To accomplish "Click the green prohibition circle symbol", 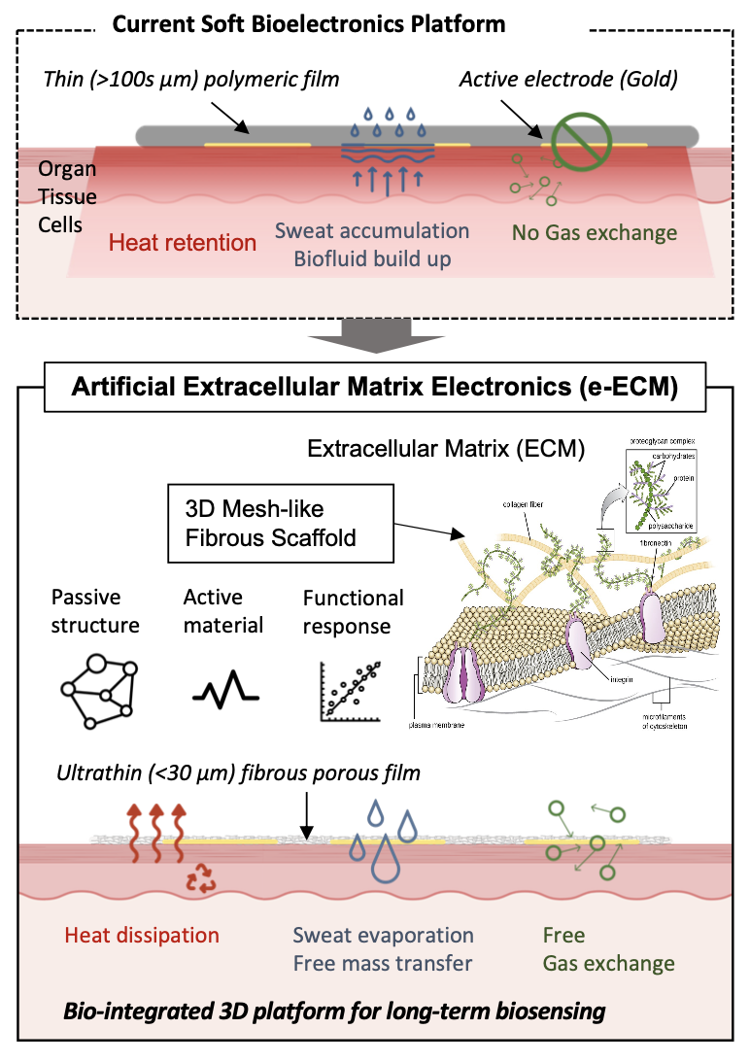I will pyautogui.click(x=581, y=142).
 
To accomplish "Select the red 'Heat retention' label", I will pyautogui.click(x=183, y=241).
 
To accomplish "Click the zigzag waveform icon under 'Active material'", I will pyautogui.click(x=225, y=693).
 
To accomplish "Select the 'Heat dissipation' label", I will pyautogui.click(x=142, y=936).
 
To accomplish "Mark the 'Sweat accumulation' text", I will pyautogui.click(x=372, y=231).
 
